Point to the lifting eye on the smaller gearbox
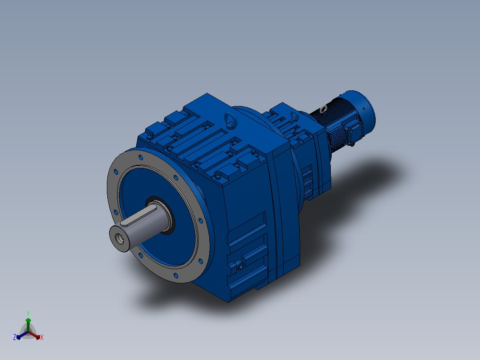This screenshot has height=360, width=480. (294, 115)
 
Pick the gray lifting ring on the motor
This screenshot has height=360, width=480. (323, 109)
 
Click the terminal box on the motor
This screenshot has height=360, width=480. (354, 131)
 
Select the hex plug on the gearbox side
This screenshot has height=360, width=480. (241, 266)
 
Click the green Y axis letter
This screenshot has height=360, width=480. (28, 313)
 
